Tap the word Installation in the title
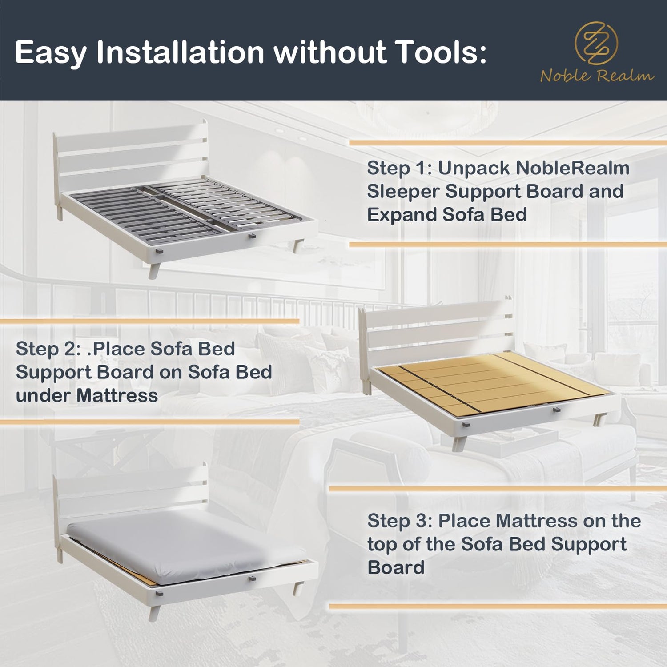coord(181,52)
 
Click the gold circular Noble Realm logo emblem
coord(596,44)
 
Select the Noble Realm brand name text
coord(597,76)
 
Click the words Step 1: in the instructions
coord(399,169)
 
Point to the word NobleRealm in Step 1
coord(534,168)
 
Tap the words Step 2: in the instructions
coord(48,349)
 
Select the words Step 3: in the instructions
coord(400,521)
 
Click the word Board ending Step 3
coord(396,568)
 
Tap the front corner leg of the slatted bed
coord(154,270)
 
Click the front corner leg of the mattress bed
coord(154,613)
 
